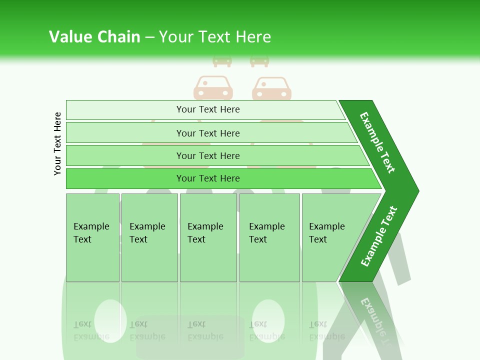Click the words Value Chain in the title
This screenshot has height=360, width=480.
pos(94,37)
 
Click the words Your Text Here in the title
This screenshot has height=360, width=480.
pos(215,37)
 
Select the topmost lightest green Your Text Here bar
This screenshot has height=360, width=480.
pos(207,109)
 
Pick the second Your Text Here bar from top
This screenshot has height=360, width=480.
pos(207,133)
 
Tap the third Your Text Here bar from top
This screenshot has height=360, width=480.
pos(207,155)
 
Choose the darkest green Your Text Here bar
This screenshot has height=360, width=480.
pos(207,178)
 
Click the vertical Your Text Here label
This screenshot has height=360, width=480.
pos(57,143)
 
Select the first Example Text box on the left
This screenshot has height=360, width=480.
pos(92,237)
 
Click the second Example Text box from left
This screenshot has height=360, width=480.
pos(149,237)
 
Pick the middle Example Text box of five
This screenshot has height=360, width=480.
pos(208,237)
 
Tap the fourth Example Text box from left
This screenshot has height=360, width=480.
pos(269,237)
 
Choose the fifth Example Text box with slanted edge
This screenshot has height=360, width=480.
pos(330,237)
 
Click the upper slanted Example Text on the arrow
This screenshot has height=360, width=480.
pos(377,142)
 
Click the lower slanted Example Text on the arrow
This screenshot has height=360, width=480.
pos(378,236)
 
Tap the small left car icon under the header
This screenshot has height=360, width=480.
pos(222,61)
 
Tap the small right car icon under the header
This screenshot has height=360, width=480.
pos(259,61)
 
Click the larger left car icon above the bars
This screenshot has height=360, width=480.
pos(213,88)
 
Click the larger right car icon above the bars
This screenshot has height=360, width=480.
pos(271,88)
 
